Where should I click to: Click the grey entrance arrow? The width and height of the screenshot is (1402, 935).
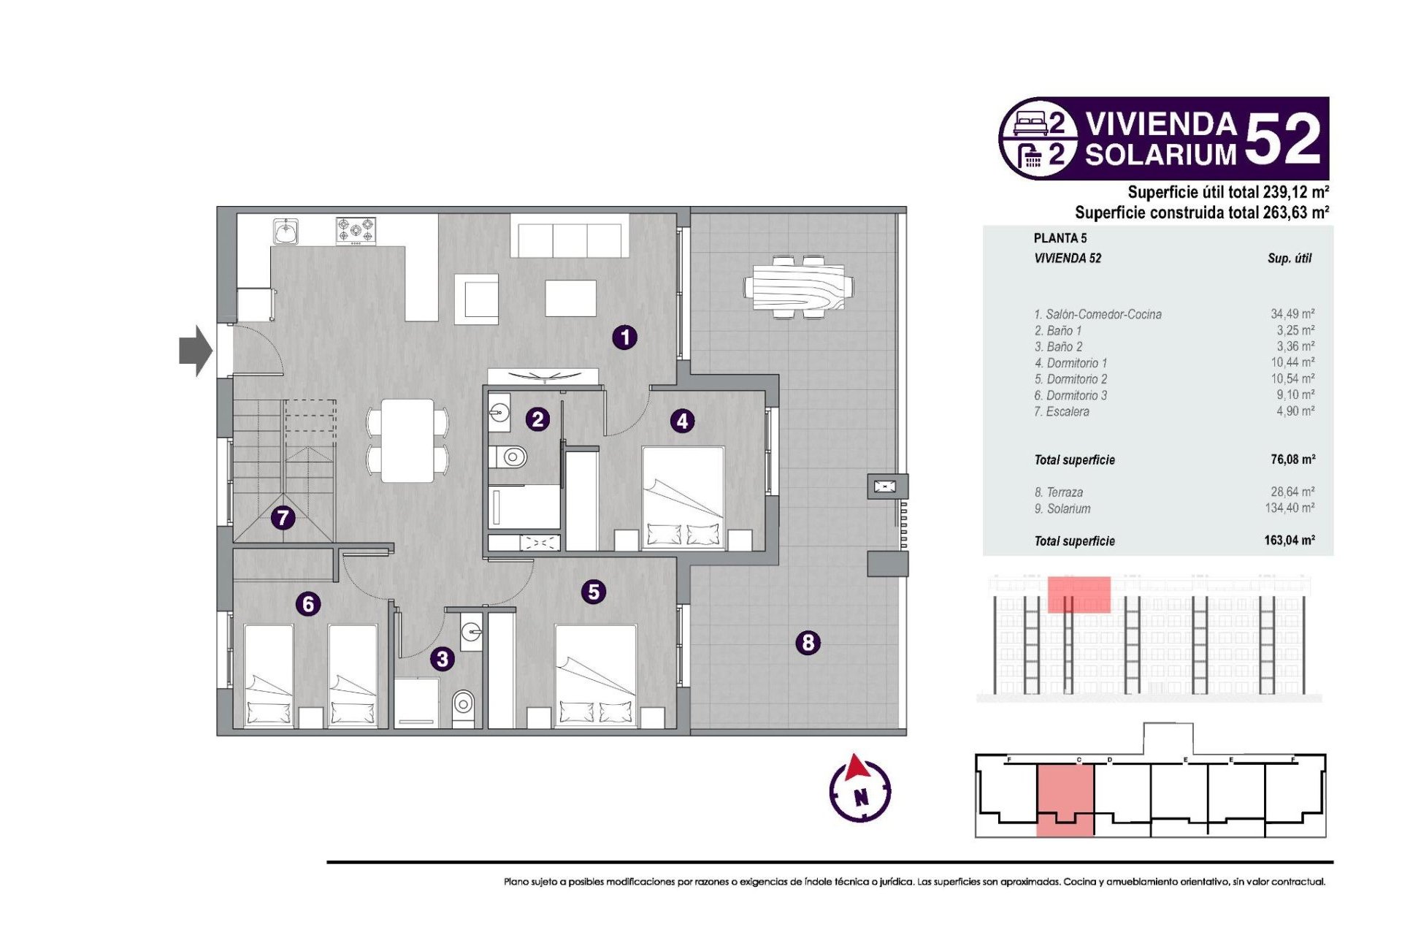coord(196,351)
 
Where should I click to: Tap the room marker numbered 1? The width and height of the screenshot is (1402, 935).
coord(624,337)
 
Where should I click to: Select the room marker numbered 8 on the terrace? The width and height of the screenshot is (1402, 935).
coord(808,643)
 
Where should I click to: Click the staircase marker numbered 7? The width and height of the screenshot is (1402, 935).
coord(283,518)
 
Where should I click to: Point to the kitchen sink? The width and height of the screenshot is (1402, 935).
coord(286,232)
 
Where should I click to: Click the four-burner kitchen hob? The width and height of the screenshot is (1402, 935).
coord(356,231)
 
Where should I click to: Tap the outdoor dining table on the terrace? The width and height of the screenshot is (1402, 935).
coord(799,286)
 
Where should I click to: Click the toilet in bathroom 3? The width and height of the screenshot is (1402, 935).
coord(463,704)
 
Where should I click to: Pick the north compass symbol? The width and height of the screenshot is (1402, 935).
coord(859,789)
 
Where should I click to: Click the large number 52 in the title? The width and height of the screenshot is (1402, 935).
coord(1283,139)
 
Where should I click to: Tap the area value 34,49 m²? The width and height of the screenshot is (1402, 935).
coord(1292,314)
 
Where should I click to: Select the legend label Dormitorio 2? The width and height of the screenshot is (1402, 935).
coord(1070,379)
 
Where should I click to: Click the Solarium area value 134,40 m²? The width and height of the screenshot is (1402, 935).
coord(1290,508)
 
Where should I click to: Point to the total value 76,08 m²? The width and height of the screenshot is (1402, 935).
coord(1292,459)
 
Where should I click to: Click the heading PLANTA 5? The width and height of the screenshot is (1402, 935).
coord(1060,238)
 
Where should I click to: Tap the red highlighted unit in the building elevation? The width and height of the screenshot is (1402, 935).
coord(1079,594)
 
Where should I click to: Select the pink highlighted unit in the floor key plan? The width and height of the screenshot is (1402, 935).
coord(1065,799)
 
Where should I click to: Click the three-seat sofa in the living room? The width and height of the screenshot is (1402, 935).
coord(570,235)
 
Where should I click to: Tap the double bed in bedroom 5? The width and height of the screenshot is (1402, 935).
coord(596,676)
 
